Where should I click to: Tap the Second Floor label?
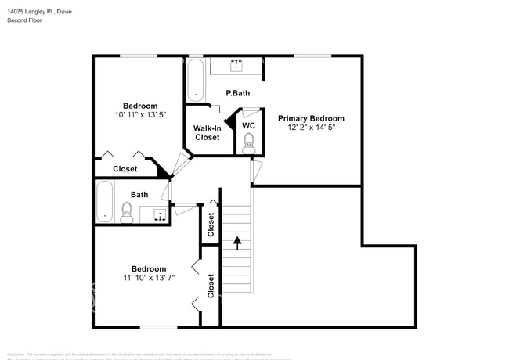25,20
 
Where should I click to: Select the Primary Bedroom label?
311,118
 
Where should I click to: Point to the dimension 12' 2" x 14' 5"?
311,128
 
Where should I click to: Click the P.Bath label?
237,94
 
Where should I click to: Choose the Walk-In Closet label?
208,132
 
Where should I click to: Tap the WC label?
248,125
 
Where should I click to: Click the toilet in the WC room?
249,142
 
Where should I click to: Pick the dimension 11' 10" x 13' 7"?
148,277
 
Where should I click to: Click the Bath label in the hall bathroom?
139,195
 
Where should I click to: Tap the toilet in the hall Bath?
127,211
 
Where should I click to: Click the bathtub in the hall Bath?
104,202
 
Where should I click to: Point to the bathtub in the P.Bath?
196,81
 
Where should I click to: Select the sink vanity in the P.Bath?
237,64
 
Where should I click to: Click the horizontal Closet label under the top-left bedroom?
125,169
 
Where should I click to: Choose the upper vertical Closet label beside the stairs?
211,225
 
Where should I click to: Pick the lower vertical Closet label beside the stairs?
211,286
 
